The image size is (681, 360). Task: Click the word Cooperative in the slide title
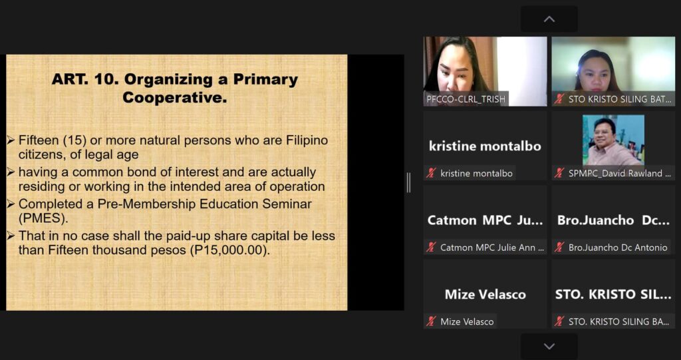175,97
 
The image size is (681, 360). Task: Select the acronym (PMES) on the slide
43,218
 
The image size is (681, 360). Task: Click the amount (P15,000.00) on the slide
228,250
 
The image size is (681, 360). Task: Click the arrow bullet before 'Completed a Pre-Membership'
11,204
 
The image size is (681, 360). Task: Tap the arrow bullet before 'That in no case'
11,236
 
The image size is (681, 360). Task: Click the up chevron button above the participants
549,19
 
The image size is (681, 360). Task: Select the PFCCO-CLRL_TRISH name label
466,99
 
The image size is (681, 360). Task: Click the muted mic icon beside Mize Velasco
431,322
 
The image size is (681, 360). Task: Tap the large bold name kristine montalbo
485,146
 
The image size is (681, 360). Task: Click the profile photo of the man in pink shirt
613,140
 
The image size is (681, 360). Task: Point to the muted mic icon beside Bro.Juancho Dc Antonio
559,248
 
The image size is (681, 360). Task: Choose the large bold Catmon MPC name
485,220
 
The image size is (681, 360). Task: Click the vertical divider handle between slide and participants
409,182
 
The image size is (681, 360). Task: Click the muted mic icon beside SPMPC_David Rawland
559,173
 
